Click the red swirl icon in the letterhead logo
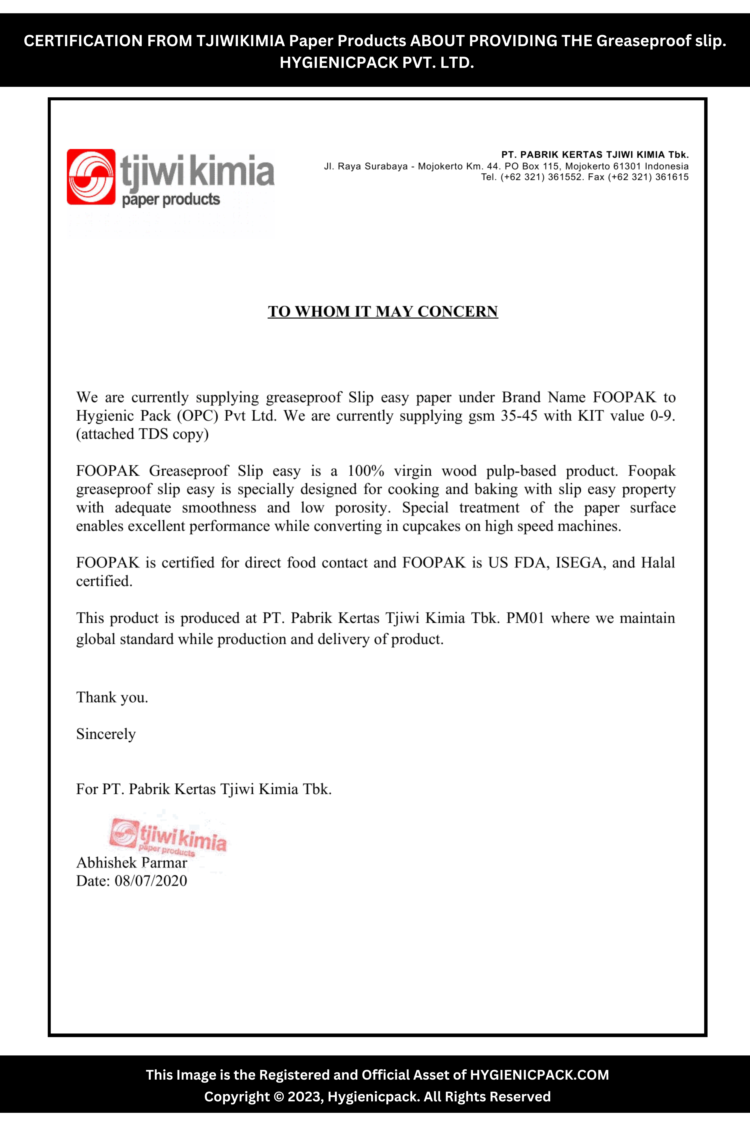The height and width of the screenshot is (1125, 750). pyautogui.click(x=91, y=177)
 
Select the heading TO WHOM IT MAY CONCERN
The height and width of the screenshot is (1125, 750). pyautogui.click(x=383, y=311)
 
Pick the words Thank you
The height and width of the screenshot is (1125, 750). pyautogui.click(x=112, y=697)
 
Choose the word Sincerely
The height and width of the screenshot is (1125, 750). pyautogui.click(x=106, y=734)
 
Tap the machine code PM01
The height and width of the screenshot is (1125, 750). pyautogui.click(x=525, y=618)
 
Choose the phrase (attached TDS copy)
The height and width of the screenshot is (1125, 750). pyautogui.click(x=142, y=434)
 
